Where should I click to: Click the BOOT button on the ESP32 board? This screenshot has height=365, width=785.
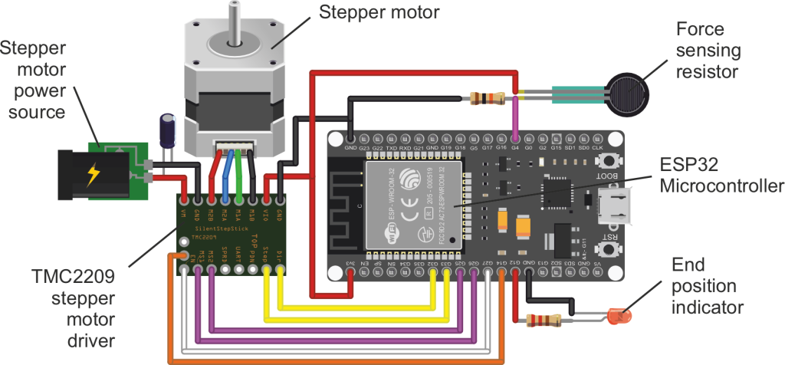pyautogui.click(x=611, y=160)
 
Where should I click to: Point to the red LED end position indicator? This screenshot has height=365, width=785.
pyautogui.click(x=617, y=315)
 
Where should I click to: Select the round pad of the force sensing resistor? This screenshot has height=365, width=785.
pyautogui.click(x=627, y=92)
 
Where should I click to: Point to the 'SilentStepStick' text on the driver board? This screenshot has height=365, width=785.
pyautogui.click(x=222, y=229)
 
